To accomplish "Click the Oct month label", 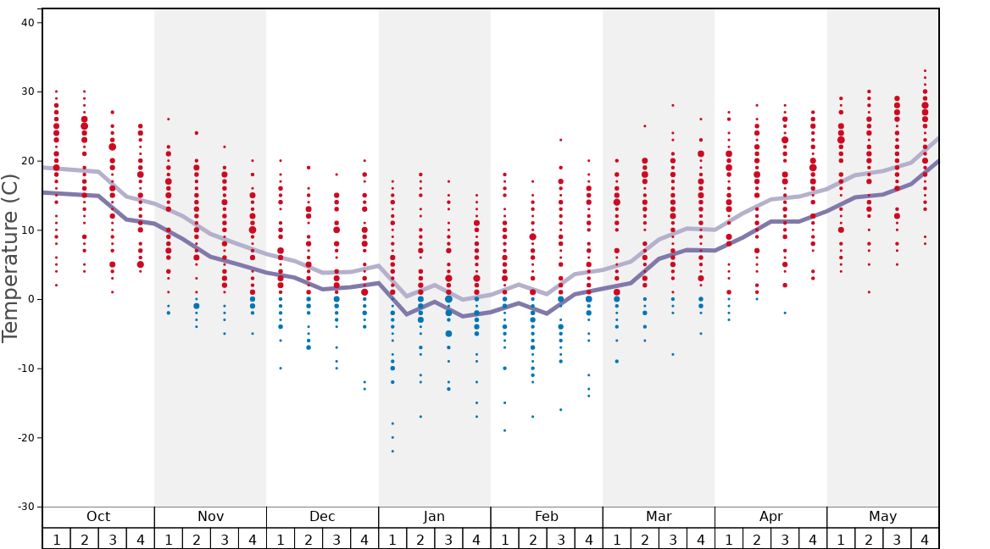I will pos(98,517).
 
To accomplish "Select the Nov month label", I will pos(210,517).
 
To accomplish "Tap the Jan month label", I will pos(434,517).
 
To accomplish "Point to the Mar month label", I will pos(659,517).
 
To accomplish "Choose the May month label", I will pos(882,517).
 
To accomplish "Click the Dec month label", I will pos(322,517).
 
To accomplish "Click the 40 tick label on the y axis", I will pos(26,23).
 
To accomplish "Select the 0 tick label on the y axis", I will pos(30,299).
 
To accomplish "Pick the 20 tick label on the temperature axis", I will pos(26,161).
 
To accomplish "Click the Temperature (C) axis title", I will pos(11,258).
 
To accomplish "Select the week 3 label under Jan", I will pos(448,540).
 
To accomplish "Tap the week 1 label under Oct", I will pos(56,540).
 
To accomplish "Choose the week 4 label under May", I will pos(925,540).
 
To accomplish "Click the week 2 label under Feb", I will pos(532,540).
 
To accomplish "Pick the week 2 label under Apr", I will pos(757,540).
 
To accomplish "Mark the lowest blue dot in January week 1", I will pos(392,451).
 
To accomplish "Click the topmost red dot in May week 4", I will pos(925,70).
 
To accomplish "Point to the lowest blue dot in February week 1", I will pos(504,430).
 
